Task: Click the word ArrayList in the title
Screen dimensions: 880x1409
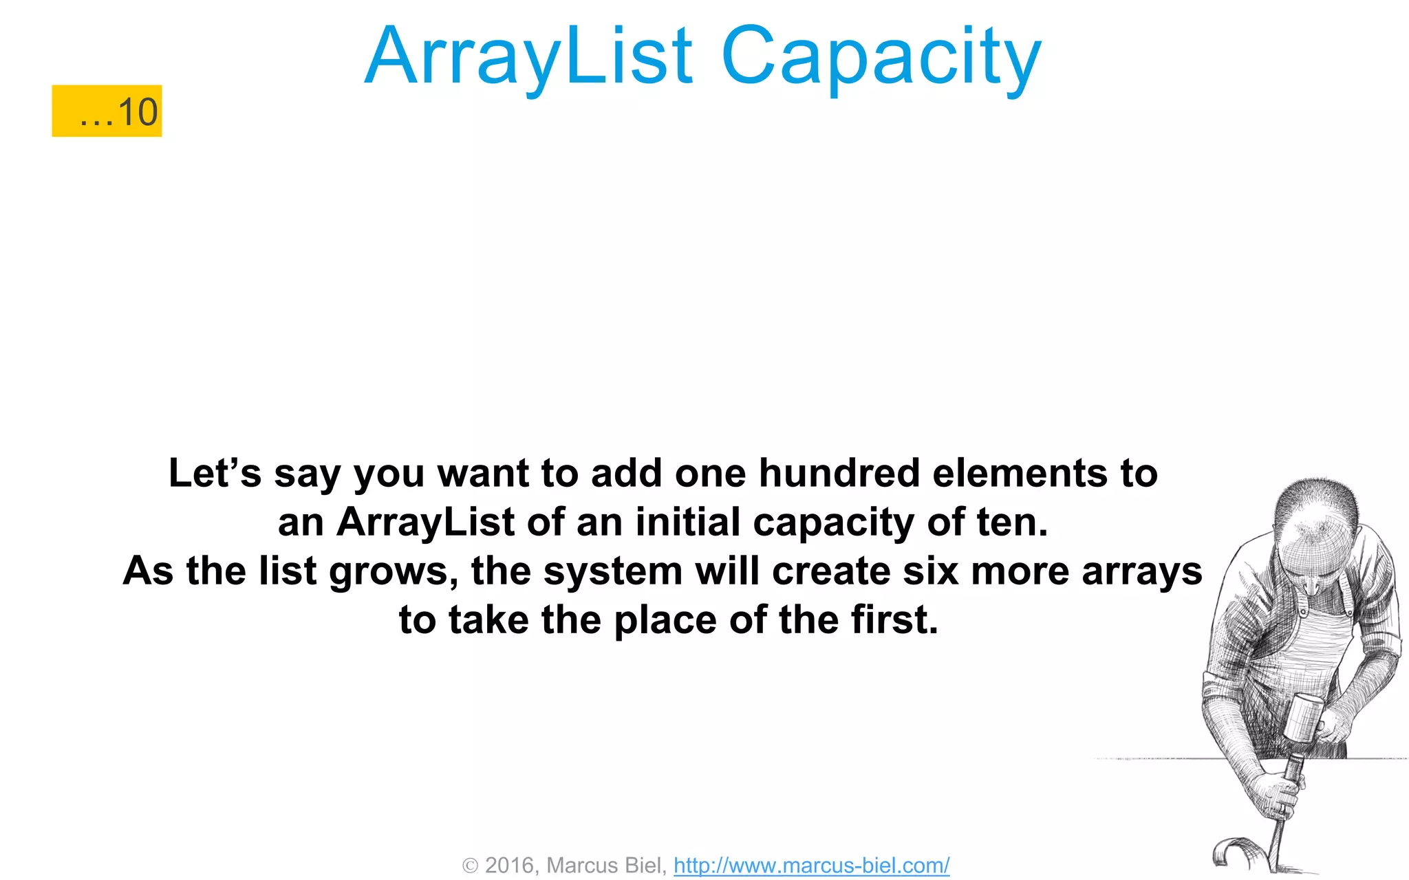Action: coord(528,56)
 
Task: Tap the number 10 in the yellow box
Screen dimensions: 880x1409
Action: coord(138,112)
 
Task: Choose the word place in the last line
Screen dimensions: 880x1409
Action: coord(665,621)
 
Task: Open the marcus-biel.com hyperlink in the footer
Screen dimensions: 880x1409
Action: coord(811,865)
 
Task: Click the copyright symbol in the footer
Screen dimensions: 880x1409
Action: coord(470,866)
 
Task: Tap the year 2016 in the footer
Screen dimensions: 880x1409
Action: coord(510,865)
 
